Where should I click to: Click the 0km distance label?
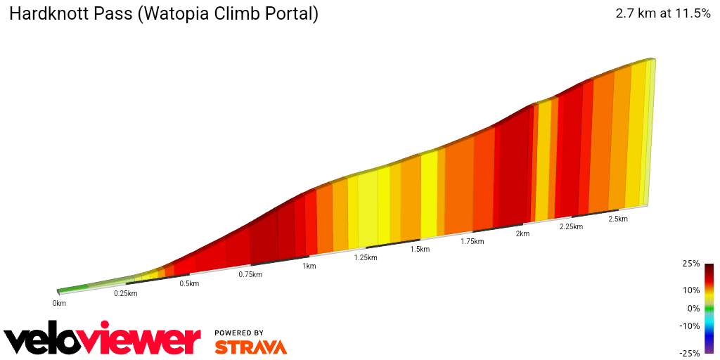[x=59, y=303]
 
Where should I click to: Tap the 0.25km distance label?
[x=126, y=293]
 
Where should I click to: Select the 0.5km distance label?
[x=189, y=283]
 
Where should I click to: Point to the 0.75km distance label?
[x=250, y=274]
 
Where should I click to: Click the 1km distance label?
[x=309, y=266]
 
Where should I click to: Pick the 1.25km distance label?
[x=366, y=257]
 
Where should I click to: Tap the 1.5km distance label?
[x=420, y=249]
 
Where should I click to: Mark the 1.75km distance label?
[x=472, y=241]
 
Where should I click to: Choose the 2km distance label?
[x=522, y=233]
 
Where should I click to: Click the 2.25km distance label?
[x=571, y=226]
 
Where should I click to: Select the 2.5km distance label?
[x=617, y=219]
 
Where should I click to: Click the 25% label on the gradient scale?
[x=690, y=264]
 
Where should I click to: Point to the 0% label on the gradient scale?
[x=693, y=308]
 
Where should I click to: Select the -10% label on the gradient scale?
[x=689, y=326]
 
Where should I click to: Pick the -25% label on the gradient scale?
[x=689, y=353]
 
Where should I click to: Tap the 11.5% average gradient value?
[x=690, y=13]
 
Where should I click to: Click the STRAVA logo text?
[x=250, y=347]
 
